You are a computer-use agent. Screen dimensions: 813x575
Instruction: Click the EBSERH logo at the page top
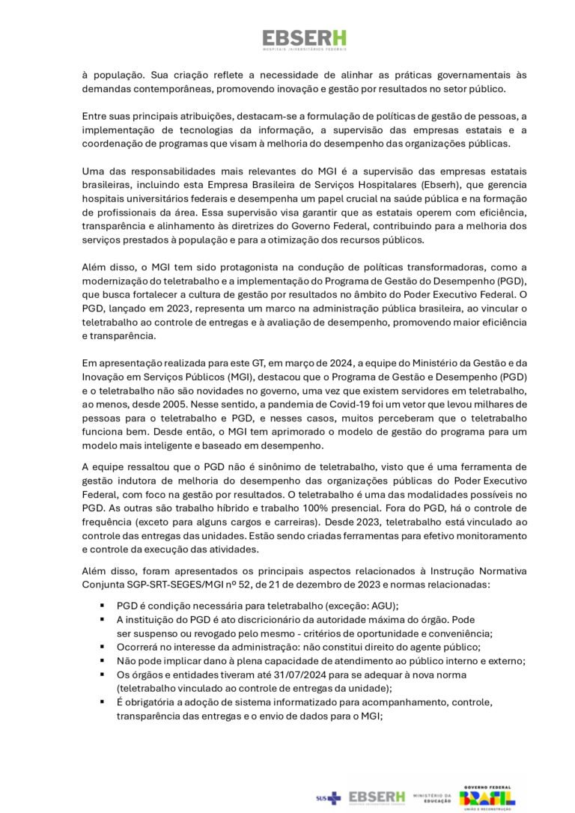304,40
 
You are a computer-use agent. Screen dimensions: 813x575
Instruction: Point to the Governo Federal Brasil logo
487,798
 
